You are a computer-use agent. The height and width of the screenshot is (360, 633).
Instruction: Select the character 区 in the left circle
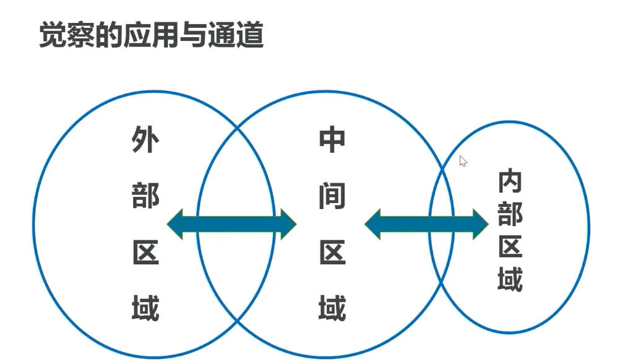(145, 252)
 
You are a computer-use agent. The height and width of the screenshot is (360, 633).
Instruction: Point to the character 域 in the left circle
(145, 307)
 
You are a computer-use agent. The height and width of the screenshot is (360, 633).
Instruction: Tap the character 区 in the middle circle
(332, 252)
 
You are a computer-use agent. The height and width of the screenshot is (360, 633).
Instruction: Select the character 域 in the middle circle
(332, 307)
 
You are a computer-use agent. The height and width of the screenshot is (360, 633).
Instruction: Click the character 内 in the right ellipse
(510, 181)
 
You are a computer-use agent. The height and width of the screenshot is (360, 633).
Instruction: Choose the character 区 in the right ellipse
(510, 246)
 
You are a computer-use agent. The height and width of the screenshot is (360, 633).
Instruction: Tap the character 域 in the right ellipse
(510, 278)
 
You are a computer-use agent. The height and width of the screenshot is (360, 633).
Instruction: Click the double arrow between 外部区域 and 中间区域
(232, 224)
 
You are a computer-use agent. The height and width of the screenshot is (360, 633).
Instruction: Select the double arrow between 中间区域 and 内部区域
(426, 224)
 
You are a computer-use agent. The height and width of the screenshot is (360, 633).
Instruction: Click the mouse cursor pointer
(463, 161)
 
